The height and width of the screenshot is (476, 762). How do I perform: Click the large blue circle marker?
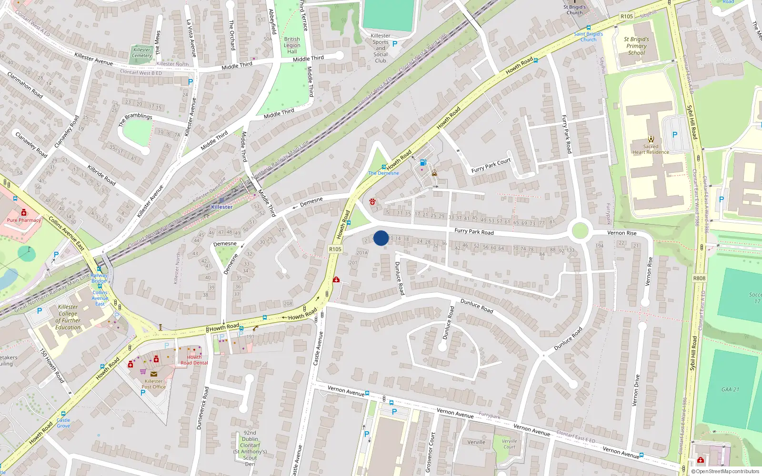pos(381,238)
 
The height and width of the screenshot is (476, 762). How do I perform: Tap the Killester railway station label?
pos(222,207)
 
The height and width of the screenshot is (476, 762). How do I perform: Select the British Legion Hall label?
pos(292,45)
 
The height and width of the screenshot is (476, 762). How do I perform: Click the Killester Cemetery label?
pos(141,53)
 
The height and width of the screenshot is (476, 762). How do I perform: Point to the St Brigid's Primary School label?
pos(637,46)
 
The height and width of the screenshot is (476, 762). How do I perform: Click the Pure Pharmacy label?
pos(24,220)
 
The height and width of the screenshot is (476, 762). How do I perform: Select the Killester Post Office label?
pos(153,384)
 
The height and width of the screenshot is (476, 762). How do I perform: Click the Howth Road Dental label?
pos(194,360)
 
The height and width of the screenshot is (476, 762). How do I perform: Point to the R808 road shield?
pos(699,278)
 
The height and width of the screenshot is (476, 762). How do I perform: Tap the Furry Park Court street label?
pos(491,165)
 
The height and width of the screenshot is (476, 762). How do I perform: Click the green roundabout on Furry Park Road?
pos(580,231)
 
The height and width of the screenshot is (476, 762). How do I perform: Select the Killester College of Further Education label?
pos(68,317)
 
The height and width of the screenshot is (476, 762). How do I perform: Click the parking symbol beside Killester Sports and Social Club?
pos(394,44)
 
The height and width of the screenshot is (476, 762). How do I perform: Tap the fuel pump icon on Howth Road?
pos(422,163)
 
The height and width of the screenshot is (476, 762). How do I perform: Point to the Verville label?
pos(476,442)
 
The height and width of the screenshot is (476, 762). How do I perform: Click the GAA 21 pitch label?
pos(730,389)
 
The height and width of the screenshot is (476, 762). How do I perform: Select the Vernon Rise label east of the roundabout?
pos(622,233)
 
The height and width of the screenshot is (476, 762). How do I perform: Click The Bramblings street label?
pos(135,119)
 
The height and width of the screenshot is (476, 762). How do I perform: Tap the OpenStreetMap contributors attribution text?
pos(725,472)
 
